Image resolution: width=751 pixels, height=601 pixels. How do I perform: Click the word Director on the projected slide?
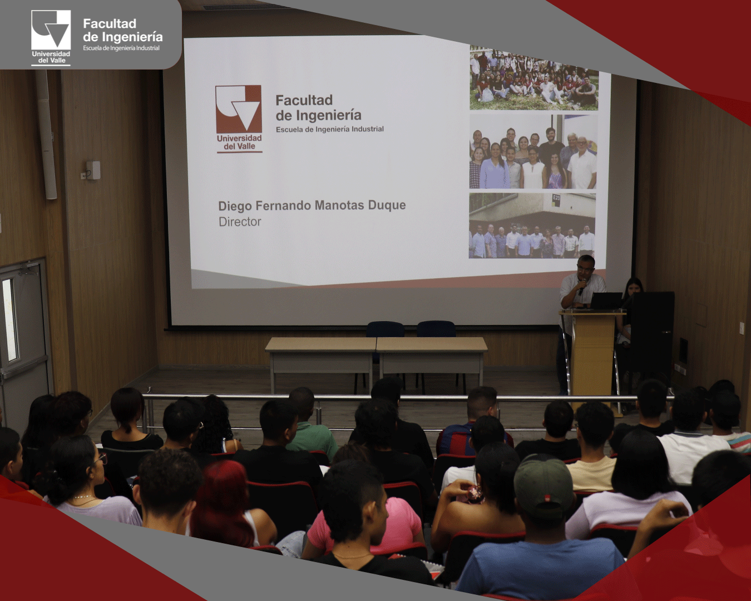click(240, 221)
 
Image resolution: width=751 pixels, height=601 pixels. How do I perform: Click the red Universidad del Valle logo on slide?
click(239, 119)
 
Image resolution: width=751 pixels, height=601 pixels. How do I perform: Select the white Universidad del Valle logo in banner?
click(51, 38)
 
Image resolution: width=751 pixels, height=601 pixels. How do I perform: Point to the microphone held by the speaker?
click(581, 287)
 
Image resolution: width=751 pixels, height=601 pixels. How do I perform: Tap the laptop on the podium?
click(606, 300)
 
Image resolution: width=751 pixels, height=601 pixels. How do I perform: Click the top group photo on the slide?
click(533, 78)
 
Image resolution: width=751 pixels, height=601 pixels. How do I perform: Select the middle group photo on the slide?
click(532, 152)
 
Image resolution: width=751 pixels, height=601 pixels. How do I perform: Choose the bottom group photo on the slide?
click(532, 226)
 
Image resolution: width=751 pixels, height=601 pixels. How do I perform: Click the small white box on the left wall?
click(92, 170)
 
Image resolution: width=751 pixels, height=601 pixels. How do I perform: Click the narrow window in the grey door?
click(11, 320)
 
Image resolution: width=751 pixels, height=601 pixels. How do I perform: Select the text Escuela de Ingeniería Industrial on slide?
click(330, 129)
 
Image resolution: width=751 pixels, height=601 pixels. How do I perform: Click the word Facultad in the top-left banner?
click(110, 24)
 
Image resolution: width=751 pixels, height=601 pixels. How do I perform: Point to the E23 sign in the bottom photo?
click(556, 198)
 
